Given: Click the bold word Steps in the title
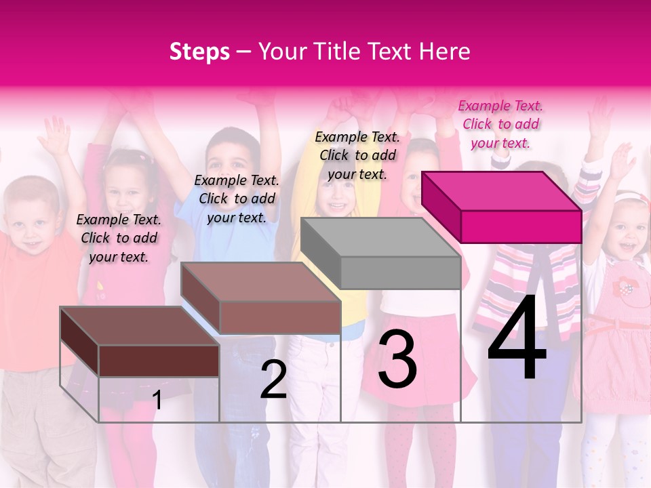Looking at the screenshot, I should click(x=199, y=52).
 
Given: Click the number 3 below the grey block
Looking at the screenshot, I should click(x=397, y=360).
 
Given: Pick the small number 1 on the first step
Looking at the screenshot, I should click(x=157, y=400).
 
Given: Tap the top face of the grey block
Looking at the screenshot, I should click(x=380, y=237).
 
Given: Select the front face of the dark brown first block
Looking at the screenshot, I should click(x=159, y=361).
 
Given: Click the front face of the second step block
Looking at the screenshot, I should click(x=280, y=317).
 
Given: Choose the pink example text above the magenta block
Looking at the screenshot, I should click(x=500, y=124).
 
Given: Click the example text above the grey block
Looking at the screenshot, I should click(x=357, y=155).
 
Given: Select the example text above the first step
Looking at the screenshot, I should click(x=119, y=238).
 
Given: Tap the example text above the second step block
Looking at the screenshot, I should click(x=237, y=199).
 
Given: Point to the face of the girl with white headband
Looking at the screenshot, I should click(x=629, y=227).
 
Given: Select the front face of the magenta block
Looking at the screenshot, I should click(x=521, y=226).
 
